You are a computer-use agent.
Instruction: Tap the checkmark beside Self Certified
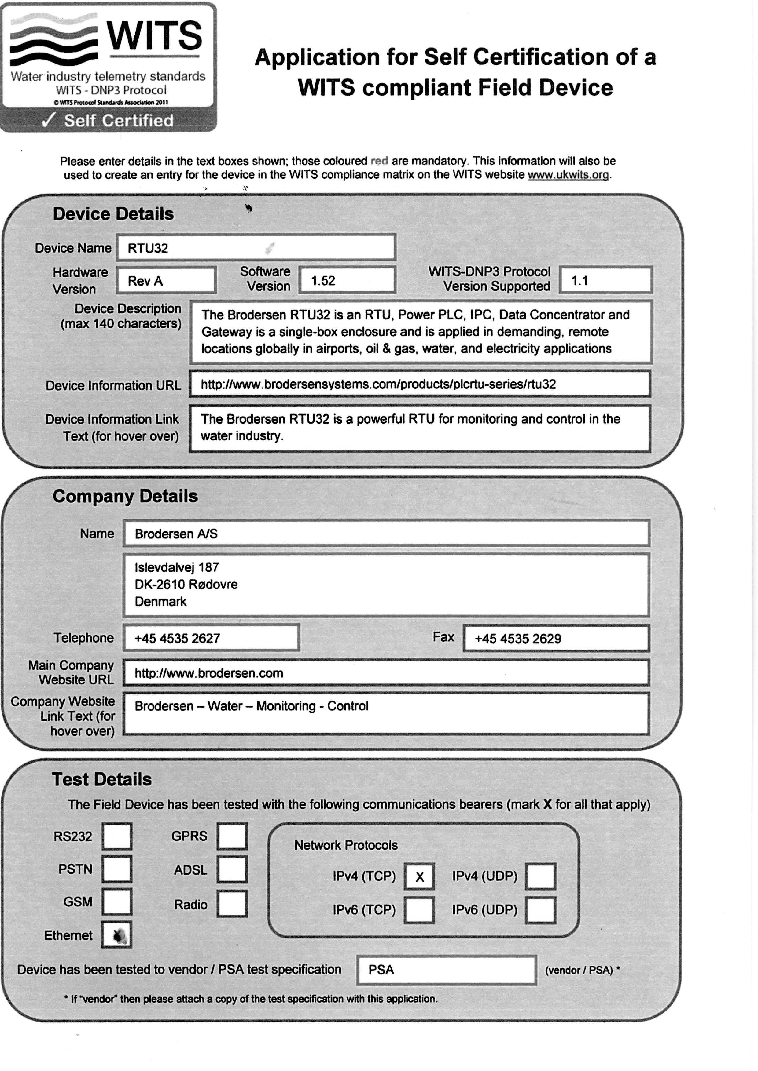coord(49,120)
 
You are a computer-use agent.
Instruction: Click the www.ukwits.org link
coord(568,175)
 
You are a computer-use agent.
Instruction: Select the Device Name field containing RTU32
coord(256,248)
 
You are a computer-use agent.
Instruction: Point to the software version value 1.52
coord(323,280)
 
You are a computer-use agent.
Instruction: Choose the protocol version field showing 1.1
coord(605,280)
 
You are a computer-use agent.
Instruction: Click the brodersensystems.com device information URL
coord(378,384)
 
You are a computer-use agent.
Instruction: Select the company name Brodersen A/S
coord(176,534)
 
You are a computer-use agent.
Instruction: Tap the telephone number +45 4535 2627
coord(177,639)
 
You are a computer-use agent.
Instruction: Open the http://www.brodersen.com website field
coord(209,673)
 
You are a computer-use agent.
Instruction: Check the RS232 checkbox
coord(117,836)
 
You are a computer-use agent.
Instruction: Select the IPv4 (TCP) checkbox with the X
coord(419,876)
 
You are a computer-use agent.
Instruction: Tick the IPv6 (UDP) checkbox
coord(540,910)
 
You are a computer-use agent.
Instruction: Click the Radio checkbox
coord(232,904)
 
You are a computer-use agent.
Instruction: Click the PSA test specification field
coord(446,970)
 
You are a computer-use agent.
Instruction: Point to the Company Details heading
coord(125,496)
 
